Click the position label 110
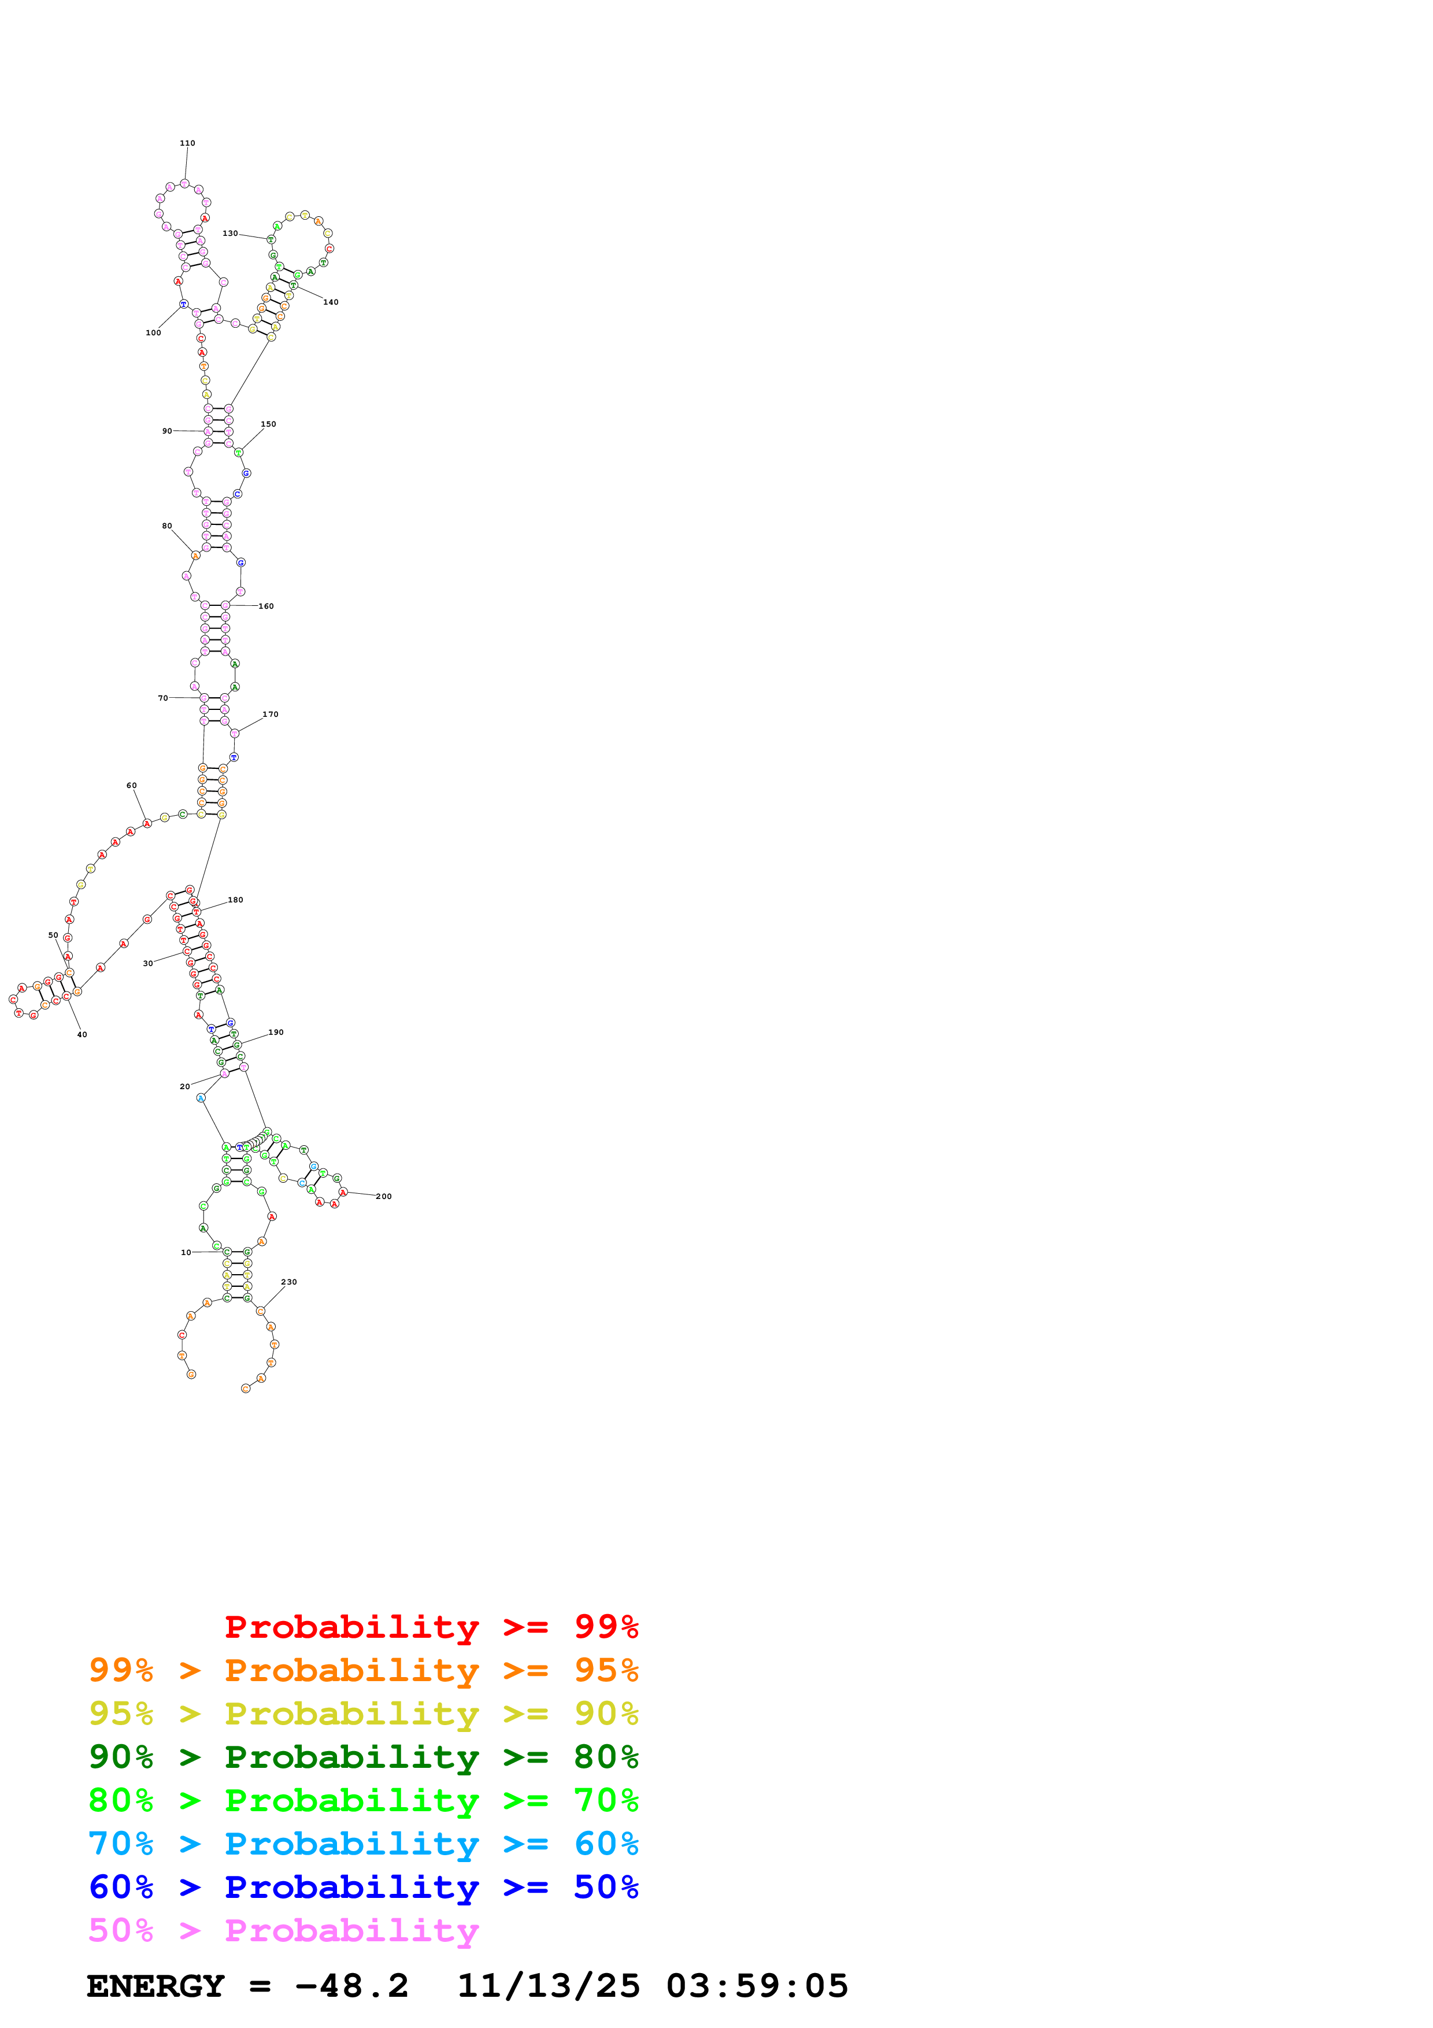pyautogui.click(x=187, y=143)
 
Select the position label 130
pyautogui.click(x=229, y=234)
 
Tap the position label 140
pyautogui.click(x=330, y=302)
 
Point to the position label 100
pyautogui.click(x=153, y=333)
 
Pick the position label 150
pyautogui.click(x=268, y=424)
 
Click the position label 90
pyautogui.click(x=167, y=431)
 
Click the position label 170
pyautogui.click(x=270, y=714)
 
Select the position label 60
pyautogui.click(x=132, y=785)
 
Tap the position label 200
pyautogui.click(x=383, y=1196)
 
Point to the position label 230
pyautogui.click(x=288, y=1282)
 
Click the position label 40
pyautogui.click(x=82, y=1034)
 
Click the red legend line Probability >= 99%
pyautogui.click(x=431, y=1627)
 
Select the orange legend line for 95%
pyautogui.click(x=363, y=1670)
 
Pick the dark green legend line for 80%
pyautogui.click(x=363, y=1757)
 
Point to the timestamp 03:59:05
pyautogui.click(x=757, y=1986)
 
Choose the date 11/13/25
pyautogui.click(x=549, y=1986)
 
